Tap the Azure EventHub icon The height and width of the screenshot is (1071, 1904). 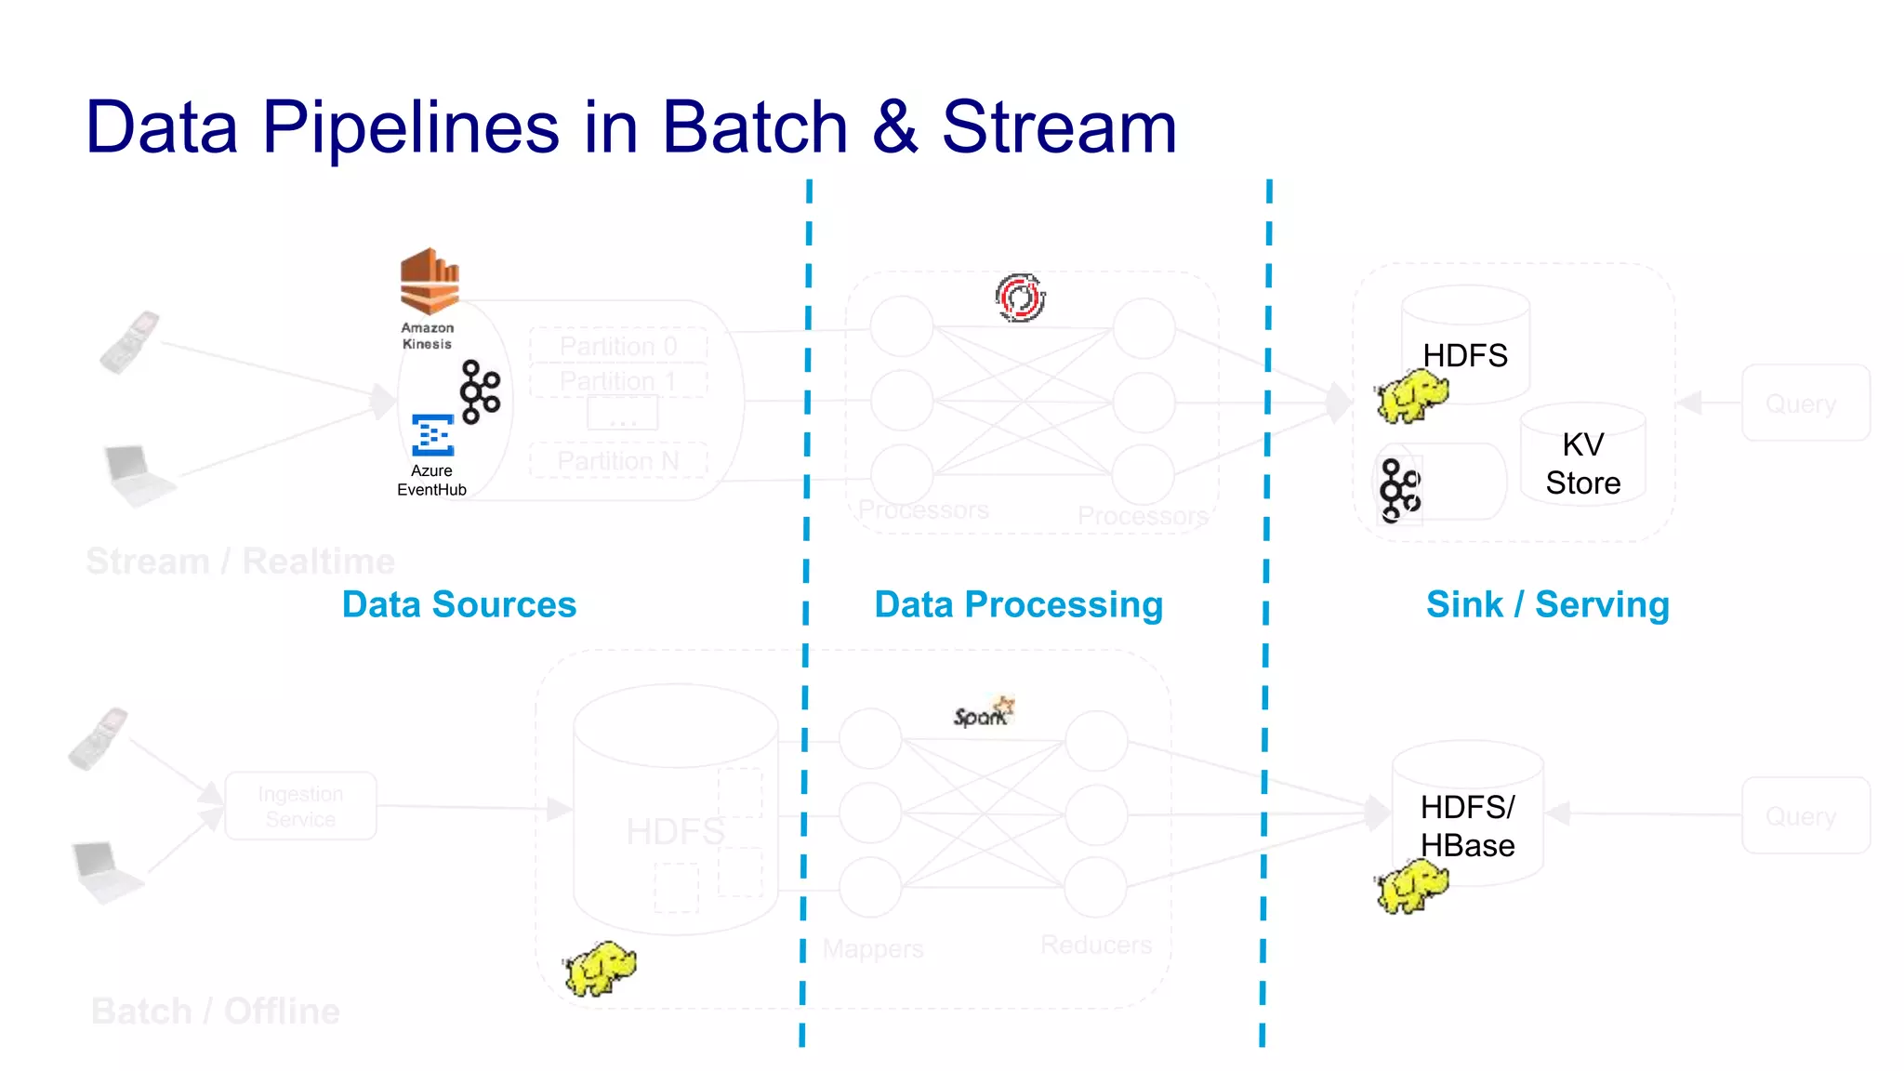[x=432, y=435]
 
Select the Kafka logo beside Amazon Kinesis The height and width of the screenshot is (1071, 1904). [x=480, y=391]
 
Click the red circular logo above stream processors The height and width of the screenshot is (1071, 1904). [x=1020, y=297]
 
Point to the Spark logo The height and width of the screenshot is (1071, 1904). [x=984, y=713]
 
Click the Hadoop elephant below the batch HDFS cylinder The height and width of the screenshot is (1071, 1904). [x=600, y=968]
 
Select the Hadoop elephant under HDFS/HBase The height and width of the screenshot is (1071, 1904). [x=1411, y=886]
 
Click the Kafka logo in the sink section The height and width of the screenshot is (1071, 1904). [x=1399, y=490]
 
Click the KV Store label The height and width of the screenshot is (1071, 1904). [x=1582, y=464]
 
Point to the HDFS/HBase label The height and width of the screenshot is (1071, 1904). [x=1467, y=826]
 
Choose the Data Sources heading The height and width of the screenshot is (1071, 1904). [x=459, y=604]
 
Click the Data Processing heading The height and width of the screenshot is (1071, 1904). [x=1018, y=604]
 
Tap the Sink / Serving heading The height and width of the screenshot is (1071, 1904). [x=1547, y=604]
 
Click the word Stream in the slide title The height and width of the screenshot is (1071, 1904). [x=1059, y=127]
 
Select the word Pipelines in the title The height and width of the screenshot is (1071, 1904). [x=410, y=127]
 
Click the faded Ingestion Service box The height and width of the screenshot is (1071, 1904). [x=300, y=806]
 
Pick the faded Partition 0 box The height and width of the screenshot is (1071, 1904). [x=618, y=346]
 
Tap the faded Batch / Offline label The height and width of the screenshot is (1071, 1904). [x=216, y=1011]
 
